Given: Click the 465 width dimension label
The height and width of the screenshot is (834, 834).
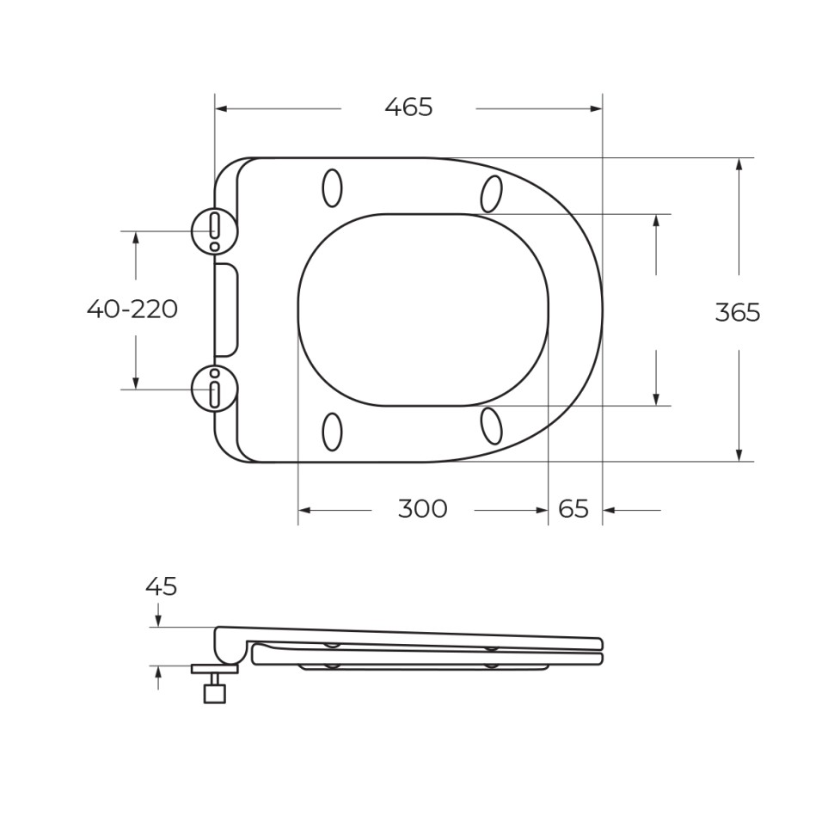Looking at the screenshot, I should [x=408, y=108].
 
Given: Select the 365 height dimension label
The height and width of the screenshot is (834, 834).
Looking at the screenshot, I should [x=738, y=313].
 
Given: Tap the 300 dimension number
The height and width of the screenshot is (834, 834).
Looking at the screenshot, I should [x=422, y=509].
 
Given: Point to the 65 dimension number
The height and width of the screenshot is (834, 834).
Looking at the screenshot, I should [x=573, y=509].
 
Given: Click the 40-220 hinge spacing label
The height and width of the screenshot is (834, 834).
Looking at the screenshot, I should [x=132, y=309].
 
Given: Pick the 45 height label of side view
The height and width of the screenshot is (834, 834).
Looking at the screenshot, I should [x=161, y=586].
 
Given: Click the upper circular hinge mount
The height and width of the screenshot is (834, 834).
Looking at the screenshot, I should [x=214, y=230].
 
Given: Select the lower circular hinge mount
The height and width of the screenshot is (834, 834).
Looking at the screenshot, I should [x=214, y=389].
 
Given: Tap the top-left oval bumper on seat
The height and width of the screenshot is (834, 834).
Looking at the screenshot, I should [x=332, y=187].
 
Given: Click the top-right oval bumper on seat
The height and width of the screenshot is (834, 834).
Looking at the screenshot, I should [x=491, y=193].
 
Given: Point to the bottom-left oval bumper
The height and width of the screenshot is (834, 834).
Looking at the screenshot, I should [x=332, y=432].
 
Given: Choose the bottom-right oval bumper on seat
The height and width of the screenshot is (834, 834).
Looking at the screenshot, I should [x=491, y=426].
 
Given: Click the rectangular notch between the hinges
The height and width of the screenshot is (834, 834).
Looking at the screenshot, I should [x=225, y=310].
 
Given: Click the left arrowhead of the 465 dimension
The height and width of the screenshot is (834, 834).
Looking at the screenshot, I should [x=220, y=109].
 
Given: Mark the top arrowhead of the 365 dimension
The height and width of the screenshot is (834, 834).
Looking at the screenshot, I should [x=739, y=164].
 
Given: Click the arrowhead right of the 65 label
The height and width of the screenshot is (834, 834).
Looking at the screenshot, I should [x=609, y=510].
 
